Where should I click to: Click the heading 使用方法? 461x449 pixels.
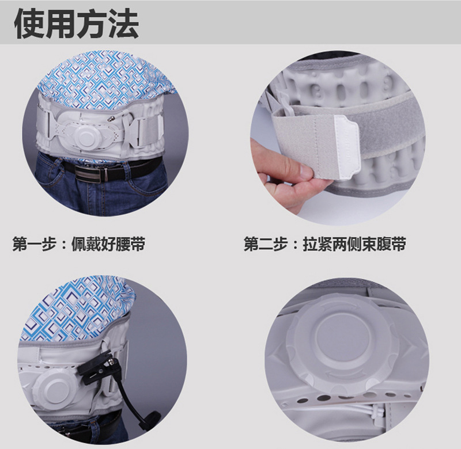pos(76,23)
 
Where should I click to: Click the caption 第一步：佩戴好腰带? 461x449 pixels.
pos(79,244)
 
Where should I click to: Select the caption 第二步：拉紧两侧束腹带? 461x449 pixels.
pos(324,244)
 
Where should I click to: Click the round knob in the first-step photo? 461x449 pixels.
pos(85,136)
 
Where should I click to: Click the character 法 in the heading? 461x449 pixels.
pos(123,23)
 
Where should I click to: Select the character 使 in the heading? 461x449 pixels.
pos(29,23)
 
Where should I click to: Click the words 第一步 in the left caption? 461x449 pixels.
pos(35,244)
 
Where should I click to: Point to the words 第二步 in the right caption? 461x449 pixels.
pos(266,244)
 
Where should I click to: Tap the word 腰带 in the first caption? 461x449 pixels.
pos(131,244)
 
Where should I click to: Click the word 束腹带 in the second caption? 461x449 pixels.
pos(384,244)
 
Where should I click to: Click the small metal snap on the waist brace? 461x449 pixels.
pos(111,119)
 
